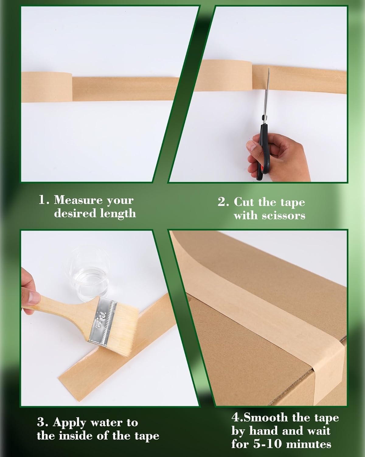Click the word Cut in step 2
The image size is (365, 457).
pos(244,202)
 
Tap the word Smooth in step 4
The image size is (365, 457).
pos(266,417)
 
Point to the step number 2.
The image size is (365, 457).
pos(222,202)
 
